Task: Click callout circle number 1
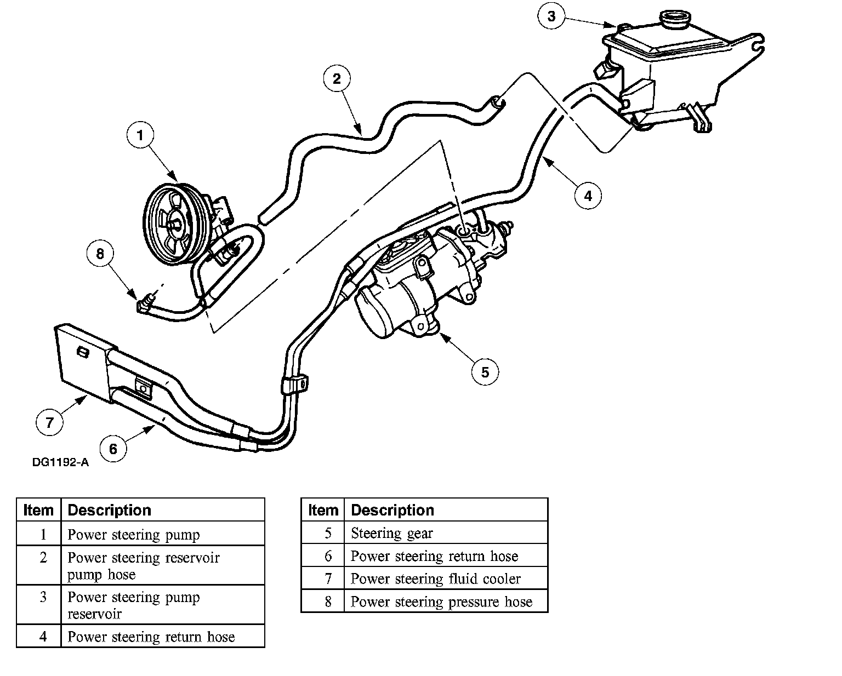coord(140,135)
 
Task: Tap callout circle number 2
coord(337,78)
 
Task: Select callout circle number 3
coord(551,16)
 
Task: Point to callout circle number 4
coord(588,196)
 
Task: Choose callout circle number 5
coord(485,372)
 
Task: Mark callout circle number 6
coord(113,449)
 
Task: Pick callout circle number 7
coord(49,422)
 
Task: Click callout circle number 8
coord(100,253)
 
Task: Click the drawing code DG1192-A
coord(60,462)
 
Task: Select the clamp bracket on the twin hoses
coord(294,385)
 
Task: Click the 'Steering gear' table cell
coord(391,533)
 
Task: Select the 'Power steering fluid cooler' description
coord(435,578)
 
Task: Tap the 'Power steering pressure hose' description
coord(441,601)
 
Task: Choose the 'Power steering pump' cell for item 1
coord(133,535)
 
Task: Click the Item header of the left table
coord(38,510)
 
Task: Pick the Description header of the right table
coord(392,510)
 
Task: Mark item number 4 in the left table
coord(43,637)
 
